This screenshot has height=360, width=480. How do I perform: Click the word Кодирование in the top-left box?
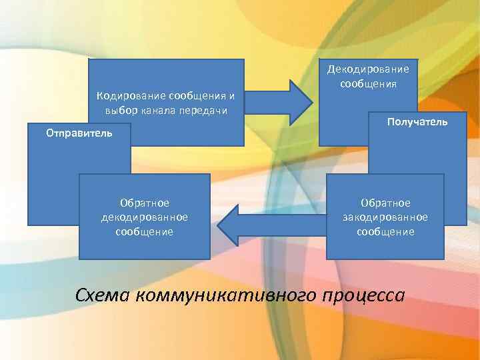click(129, 96)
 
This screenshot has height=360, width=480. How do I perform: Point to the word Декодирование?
click(368, 69)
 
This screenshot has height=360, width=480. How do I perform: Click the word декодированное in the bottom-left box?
click(144, 217)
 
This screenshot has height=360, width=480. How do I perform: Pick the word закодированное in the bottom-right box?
click(385, 217)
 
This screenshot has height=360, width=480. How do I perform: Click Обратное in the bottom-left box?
click(144, 203)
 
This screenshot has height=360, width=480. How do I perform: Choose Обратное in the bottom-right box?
click(385, 203)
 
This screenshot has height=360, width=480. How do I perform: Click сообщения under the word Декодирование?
click(368, 84)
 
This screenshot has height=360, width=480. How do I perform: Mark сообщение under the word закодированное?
click(385, 232)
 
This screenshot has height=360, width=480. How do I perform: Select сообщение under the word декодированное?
click(144, 232)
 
